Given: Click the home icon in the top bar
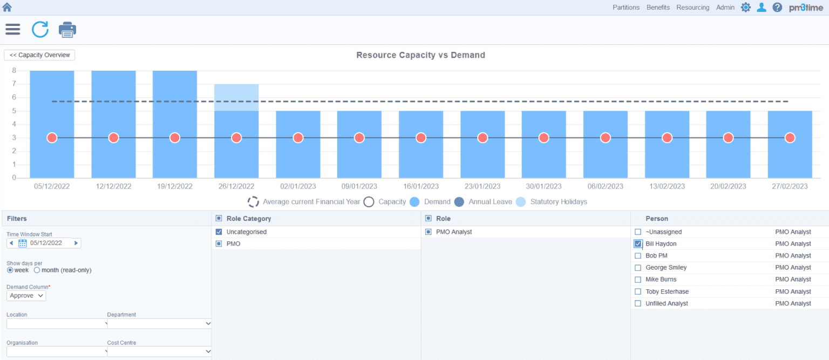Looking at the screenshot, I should pyautogui.click(x=8, y=8).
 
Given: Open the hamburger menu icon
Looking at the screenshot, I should pyautogui.click(x=13, y=29).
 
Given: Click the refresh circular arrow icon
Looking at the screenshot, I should pyautogui.click(x=40, y=29).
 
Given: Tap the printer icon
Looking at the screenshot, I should pyautogui.click(x=67, y=30).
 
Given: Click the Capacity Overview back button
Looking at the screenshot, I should pyautogui.click(x=39, y=55).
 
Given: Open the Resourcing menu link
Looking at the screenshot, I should pyautogui.click(x=692, y=8).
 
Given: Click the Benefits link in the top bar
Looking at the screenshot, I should pyautogui.click(x=658, y=8).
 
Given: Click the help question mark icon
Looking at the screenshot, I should pyautogui.click(x=777, y=8).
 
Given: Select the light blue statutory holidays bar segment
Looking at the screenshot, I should pyautogui.click(x=236, y=97).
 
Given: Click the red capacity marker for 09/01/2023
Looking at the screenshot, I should pyautogui.click(x=359, y=138).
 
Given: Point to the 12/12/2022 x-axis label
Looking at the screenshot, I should pyautogui.click(x=113, y=186).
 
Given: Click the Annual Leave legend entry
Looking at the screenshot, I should pyautogui.click(x=484, y=202).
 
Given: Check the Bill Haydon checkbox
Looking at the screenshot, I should pyautogui.click(x=638, y=244).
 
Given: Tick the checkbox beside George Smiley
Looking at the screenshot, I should pyautogui.click(x=638, y=268).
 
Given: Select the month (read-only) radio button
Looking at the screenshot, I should pyautogui.click(x=37, y=270).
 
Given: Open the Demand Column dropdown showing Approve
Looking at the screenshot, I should pyautogui.click(x=26, y=296).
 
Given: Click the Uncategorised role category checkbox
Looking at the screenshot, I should pyautogui.click(x=219, y=232).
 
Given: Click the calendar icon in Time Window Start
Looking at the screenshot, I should pyautogui.click(x=23, y=243).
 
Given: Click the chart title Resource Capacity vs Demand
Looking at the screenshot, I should pyautogui.click(x=420, y=55).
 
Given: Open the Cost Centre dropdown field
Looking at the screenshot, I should pyautogui.click(x=159, y=351).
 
